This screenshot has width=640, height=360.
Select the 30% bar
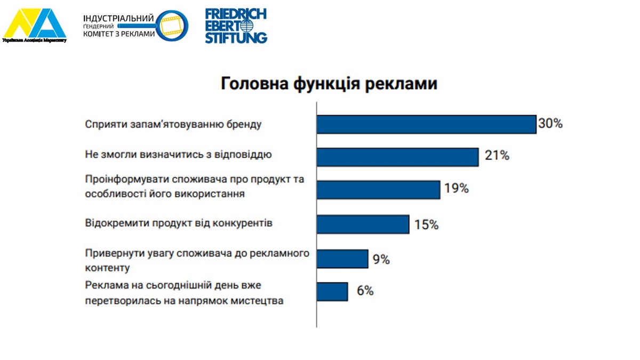coord(426,124)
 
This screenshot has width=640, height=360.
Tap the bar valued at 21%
coord(397,157)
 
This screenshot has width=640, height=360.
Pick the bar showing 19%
coord(378,189)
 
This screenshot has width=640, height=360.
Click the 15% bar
coord(363,224)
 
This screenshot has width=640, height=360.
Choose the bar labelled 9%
coord(342,259)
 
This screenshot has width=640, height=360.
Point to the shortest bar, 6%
coord(332,292)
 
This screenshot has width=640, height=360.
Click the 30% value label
coord(550,124)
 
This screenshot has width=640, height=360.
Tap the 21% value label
coord(497,156)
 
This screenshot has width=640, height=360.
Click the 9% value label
coord(381,260)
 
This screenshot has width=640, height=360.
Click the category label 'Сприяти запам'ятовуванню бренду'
coord(174,124)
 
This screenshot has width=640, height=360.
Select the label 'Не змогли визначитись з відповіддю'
coord(179,155)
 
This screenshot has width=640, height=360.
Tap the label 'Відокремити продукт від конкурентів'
coord(179,223)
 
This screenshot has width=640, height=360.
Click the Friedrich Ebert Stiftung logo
coord(236,26)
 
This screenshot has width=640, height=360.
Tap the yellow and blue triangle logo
coord(35,24)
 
